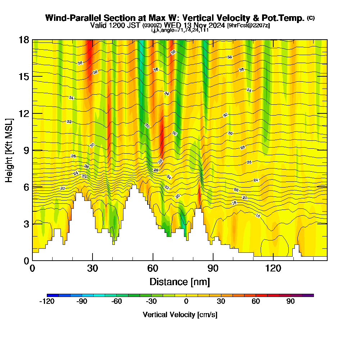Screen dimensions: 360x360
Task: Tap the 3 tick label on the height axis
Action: pyautogui.click(x=26, y=224)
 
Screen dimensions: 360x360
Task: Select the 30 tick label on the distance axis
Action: pyautogui.click(x=93, y=269)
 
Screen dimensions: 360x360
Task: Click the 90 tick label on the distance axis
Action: pyautogui.click(x=213, y=269)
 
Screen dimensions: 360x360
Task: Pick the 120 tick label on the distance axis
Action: pyautogui.click(x=273, y=269)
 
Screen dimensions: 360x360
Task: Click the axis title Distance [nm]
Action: pyautogui.click(x=180, y=282)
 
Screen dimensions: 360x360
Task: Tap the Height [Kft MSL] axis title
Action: pyautogui.click(x=9, y=150)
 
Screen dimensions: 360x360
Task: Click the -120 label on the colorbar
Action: pyautogui.click(x=46, y=302)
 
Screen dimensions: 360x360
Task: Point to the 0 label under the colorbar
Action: pyautogui.click(x=186, y=302)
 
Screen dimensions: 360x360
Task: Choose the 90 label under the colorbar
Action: pyautogui.click(x=291, y=302)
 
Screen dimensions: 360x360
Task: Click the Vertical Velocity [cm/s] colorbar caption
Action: pyautogui.click(x=180, y=315)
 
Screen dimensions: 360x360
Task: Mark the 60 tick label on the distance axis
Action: pyautogui.click(x=153, y=269)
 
